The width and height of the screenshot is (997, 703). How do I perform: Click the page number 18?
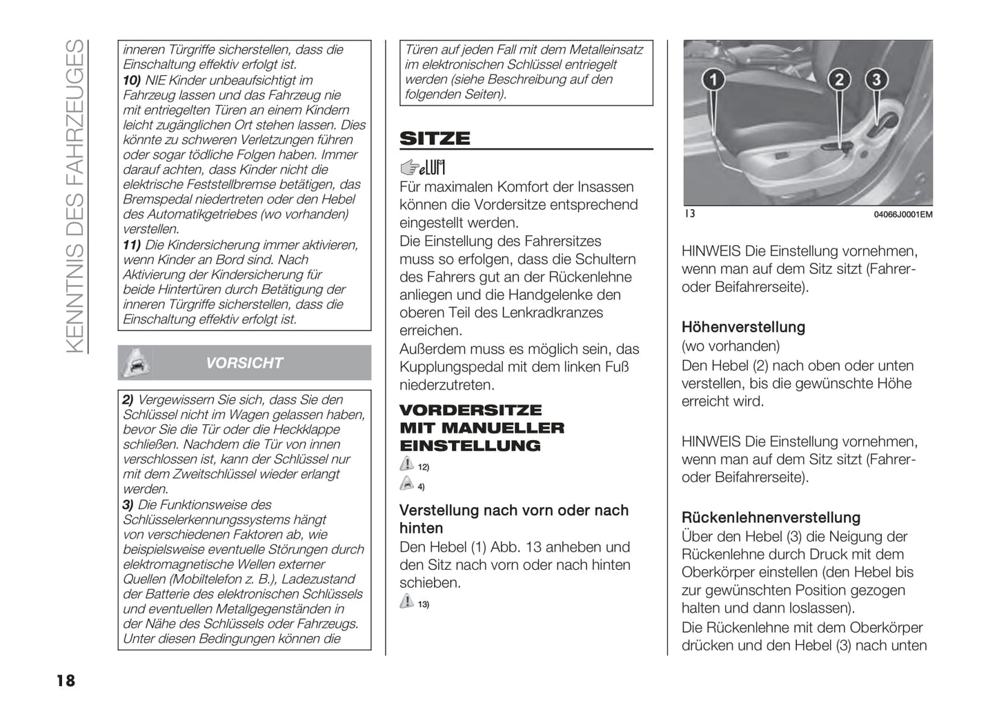[66, 681]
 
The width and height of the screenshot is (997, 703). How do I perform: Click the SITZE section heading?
[435, 139]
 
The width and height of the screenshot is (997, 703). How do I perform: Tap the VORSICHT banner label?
[244, 363]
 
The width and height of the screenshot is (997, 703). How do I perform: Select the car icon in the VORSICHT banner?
[135, 362]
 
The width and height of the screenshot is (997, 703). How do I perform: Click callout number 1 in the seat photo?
[713, 79]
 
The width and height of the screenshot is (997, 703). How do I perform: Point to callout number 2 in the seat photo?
[839, 79]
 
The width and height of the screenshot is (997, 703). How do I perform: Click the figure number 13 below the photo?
[689, 214]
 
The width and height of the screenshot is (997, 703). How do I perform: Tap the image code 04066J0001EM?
[902, 215]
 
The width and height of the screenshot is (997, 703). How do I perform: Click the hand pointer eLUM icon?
[422, 167]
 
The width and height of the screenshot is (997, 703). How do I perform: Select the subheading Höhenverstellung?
[743, 327]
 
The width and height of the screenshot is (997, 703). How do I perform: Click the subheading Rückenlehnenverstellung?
[771, 517]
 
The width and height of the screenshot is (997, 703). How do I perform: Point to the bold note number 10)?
[132, 80]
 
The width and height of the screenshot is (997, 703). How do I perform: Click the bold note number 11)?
[132, 245]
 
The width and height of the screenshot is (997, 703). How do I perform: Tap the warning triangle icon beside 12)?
[407, 465]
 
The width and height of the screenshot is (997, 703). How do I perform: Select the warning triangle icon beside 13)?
[407, 602]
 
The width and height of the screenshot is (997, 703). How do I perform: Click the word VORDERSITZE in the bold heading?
[471, 410]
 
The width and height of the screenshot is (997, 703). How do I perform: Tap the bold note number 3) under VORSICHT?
[128, 504]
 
